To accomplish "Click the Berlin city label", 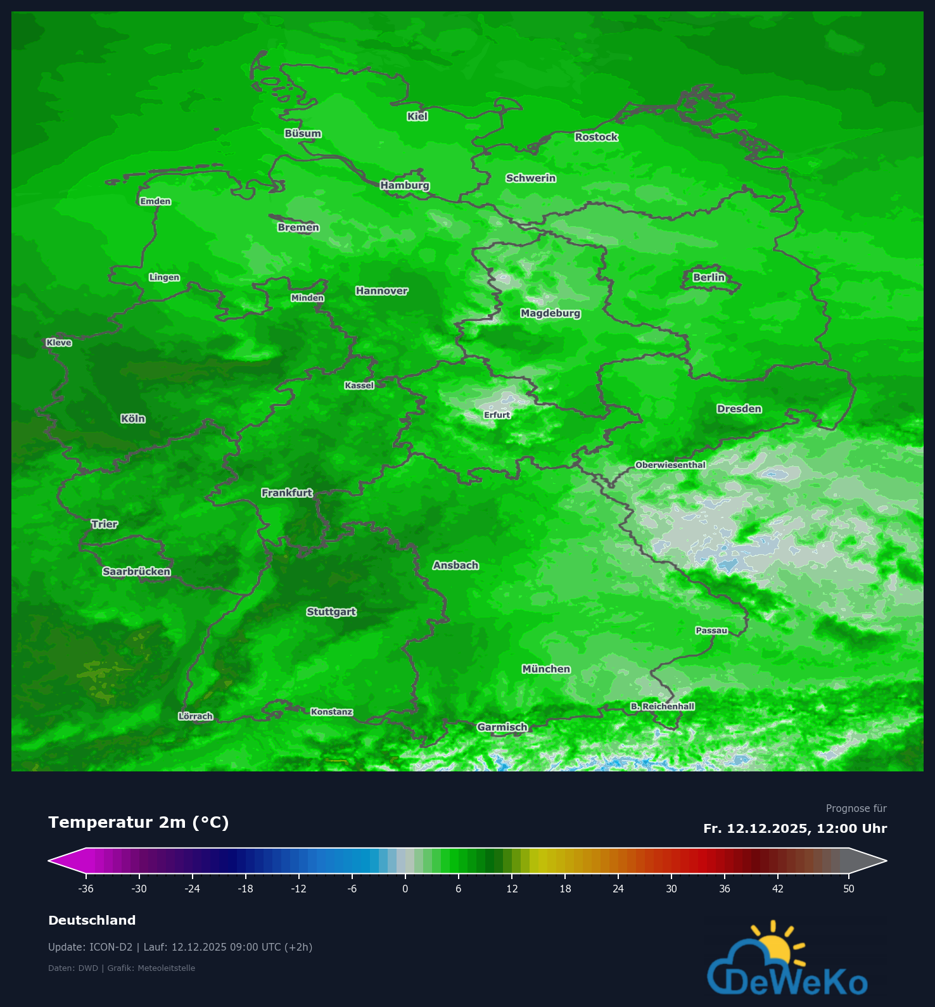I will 708,277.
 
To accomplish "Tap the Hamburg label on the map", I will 405,186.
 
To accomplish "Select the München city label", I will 546,669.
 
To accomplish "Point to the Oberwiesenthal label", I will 670,465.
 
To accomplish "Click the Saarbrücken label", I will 137,572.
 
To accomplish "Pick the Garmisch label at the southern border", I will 502,727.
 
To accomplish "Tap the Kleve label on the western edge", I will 59,343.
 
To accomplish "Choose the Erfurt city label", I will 497,415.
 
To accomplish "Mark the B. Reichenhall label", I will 663,706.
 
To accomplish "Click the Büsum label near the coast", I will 303,134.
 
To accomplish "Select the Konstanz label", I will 331,712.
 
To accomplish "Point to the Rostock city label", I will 596,137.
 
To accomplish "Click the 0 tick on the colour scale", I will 405,889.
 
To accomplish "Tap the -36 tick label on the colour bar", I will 86,889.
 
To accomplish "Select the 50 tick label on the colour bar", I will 849,889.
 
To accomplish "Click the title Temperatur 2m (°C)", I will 139,822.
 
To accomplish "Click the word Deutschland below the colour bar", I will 92,920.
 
